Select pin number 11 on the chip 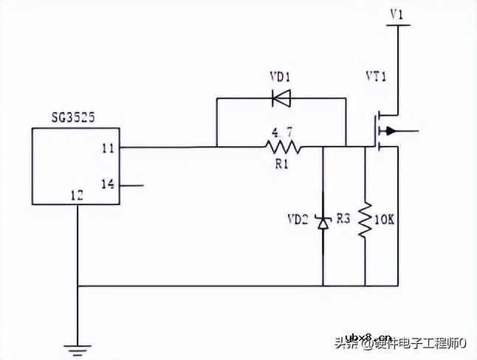108,148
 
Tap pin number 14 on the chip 108,184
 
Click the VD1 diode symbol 281,97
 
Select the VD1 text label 280,76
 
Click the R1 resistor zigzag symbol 284,147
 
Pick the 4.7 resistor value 281,134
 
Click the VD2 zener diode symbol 323,221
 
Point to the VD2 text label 300,219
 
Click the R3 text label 343,219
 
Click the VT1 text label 376,77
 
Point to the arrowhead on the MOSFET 391,132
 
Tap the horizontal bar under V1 397,26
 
